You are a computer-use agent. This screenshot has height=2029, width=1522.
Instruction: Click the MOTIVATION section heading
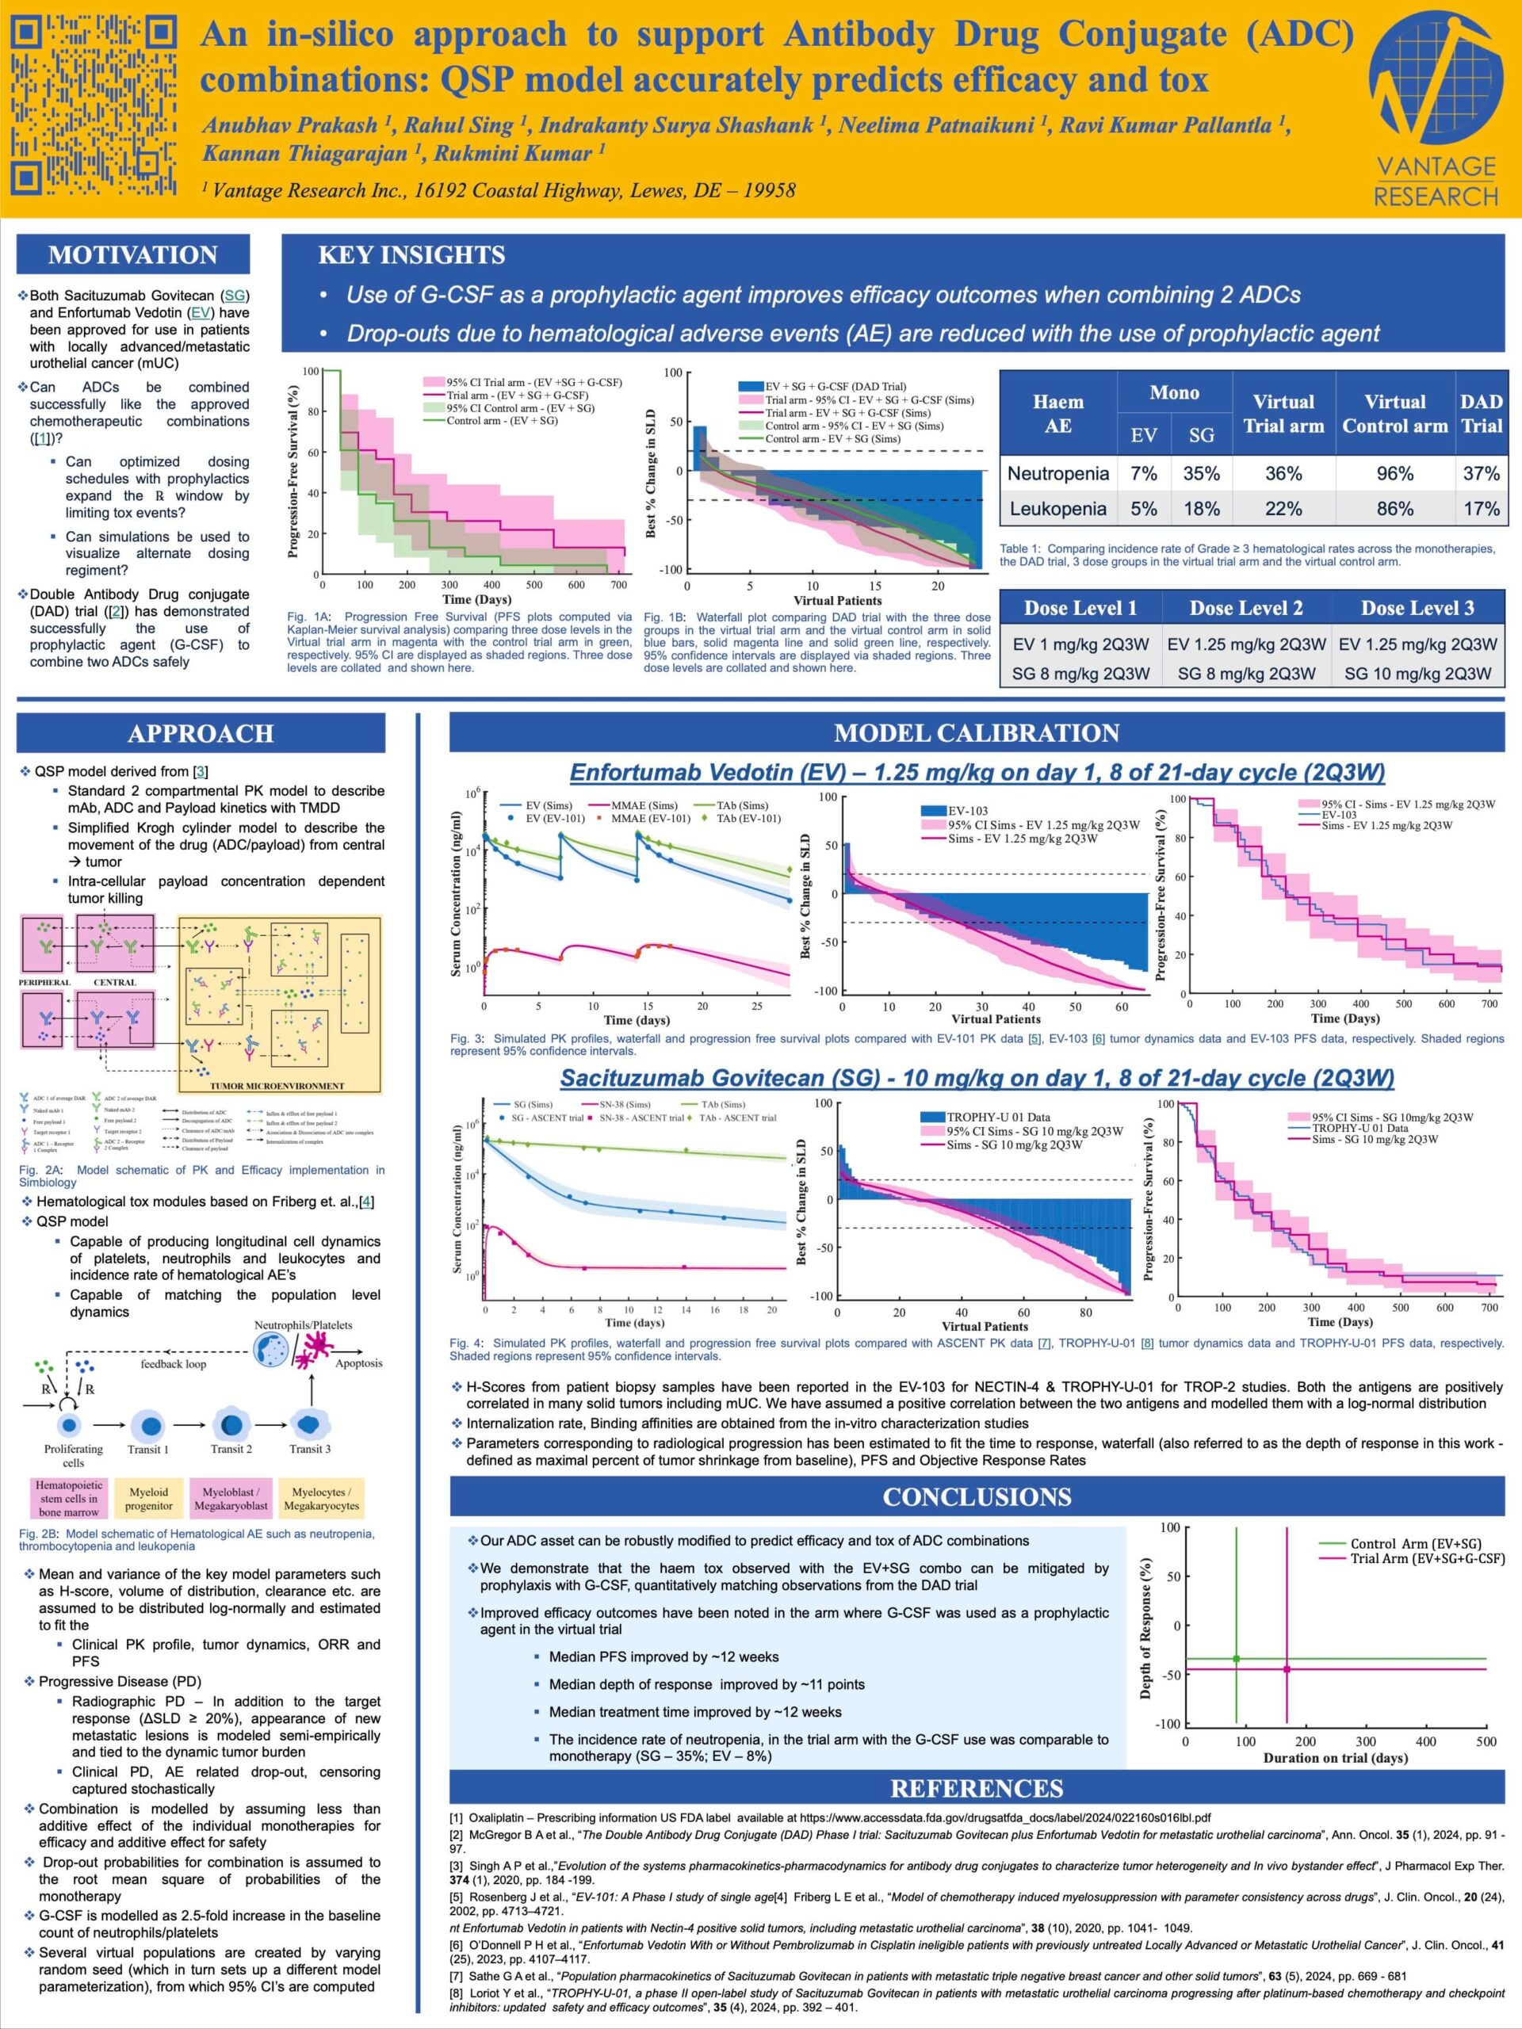[x=133, y=254]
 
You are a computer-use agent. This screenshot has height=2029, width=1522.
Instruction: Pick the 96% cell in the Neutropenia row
[x=1394, y=473]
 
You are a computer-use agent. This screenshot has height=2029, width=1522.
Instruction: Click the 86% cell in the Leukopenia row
[x=1394, y=508]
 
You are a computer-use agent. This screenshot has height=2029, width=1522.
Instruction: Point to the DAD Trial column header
[x=1481, y=413]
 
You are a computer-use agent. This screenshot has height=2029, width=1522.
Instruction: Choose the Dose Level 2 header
[x=1246, y=607]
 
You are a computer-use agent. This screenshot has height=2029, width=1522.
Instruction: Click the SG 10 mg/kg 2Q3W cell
[x=1417, y=673]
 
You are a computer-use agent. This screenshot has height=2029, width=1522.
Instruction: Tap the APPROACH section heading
[x=200, y=733]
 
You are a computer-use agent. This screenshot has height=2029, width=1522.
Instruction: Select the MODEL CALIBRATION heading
[x=976, y=733]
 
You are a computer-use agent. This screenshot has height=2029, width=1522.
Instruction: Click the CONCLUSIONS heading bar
[x=976, y=1497]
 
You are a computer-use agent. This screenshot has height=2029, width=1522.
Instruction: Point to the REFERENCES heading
[x=976, y=1788]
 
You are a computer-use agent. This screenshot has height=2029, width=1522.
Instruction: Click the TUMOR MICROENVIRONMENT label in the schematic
[x=277, y=1086]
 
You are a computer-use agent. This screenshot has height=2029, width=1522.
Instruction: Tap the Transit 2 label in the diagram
[x=231, y=1448]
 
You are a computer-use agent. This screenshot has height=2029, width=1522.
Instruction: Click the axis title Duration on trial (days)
[x=1335, y=1757]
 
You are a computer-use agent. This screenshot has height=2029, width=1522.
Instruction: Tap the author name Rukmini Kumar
[x=518, y=153]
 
